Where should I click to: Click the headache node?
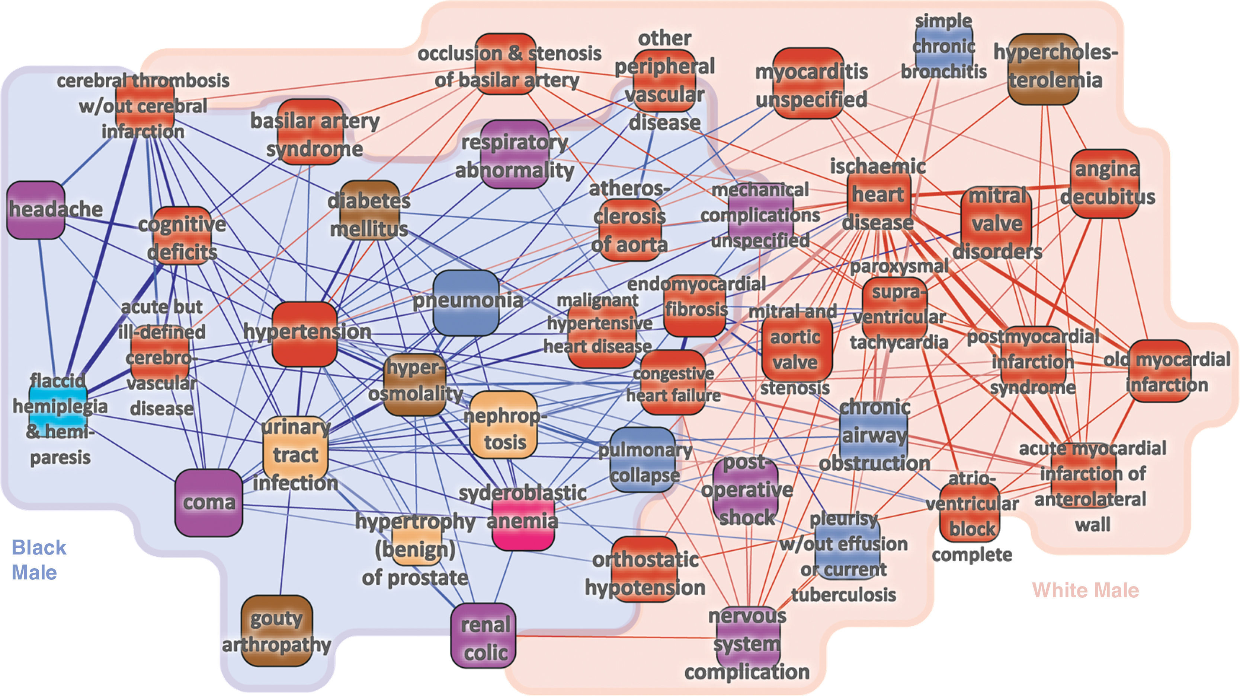tap(36, 210)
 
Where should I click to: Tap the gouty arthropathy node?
tap(276, 631)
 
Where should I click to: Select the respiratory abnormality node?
tap(515, 154)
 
